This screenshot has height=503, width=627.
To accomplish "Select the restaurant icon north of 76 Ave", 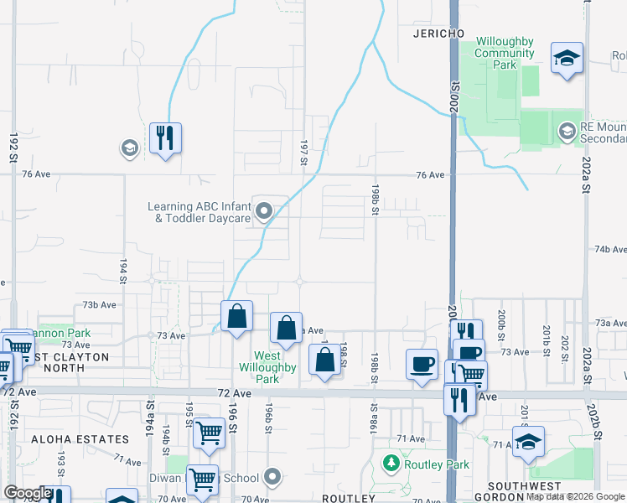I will [x=166, y=138].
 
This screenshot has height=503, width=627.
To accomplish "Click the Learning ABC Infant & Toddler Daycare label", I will [x=199, y=212].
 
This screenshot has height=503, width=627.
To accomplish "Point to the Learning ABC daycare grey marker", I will [x=264, y=211].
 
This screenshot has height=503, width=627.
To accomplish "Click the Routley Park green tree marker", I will [x=390, y=463].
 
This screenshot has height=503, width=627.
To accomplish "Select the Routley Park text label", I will [x=425, y=463].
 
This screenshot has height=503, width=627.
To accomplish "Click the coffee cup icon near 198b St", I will [x=422, y=364].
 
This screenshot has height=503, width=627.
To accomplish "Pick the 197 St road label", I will [x=303, y=152].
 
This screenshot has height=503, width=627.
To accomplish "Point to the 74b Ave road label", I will [x=610, y=250].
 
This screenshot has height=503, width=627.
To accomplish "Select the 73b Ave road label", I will [x=98, y=304].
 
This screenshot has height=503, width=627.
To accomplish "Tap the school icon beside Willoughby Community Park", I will [x=567, y=58].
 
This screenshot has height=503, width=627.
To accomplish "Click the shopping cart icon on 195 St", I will [x=209, y=433].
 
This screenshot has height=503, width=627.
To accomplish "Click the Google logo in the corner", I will [x=28, y=493].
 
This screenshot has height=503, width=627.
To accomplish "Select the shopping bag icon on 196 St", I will [x=237, y=316].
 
